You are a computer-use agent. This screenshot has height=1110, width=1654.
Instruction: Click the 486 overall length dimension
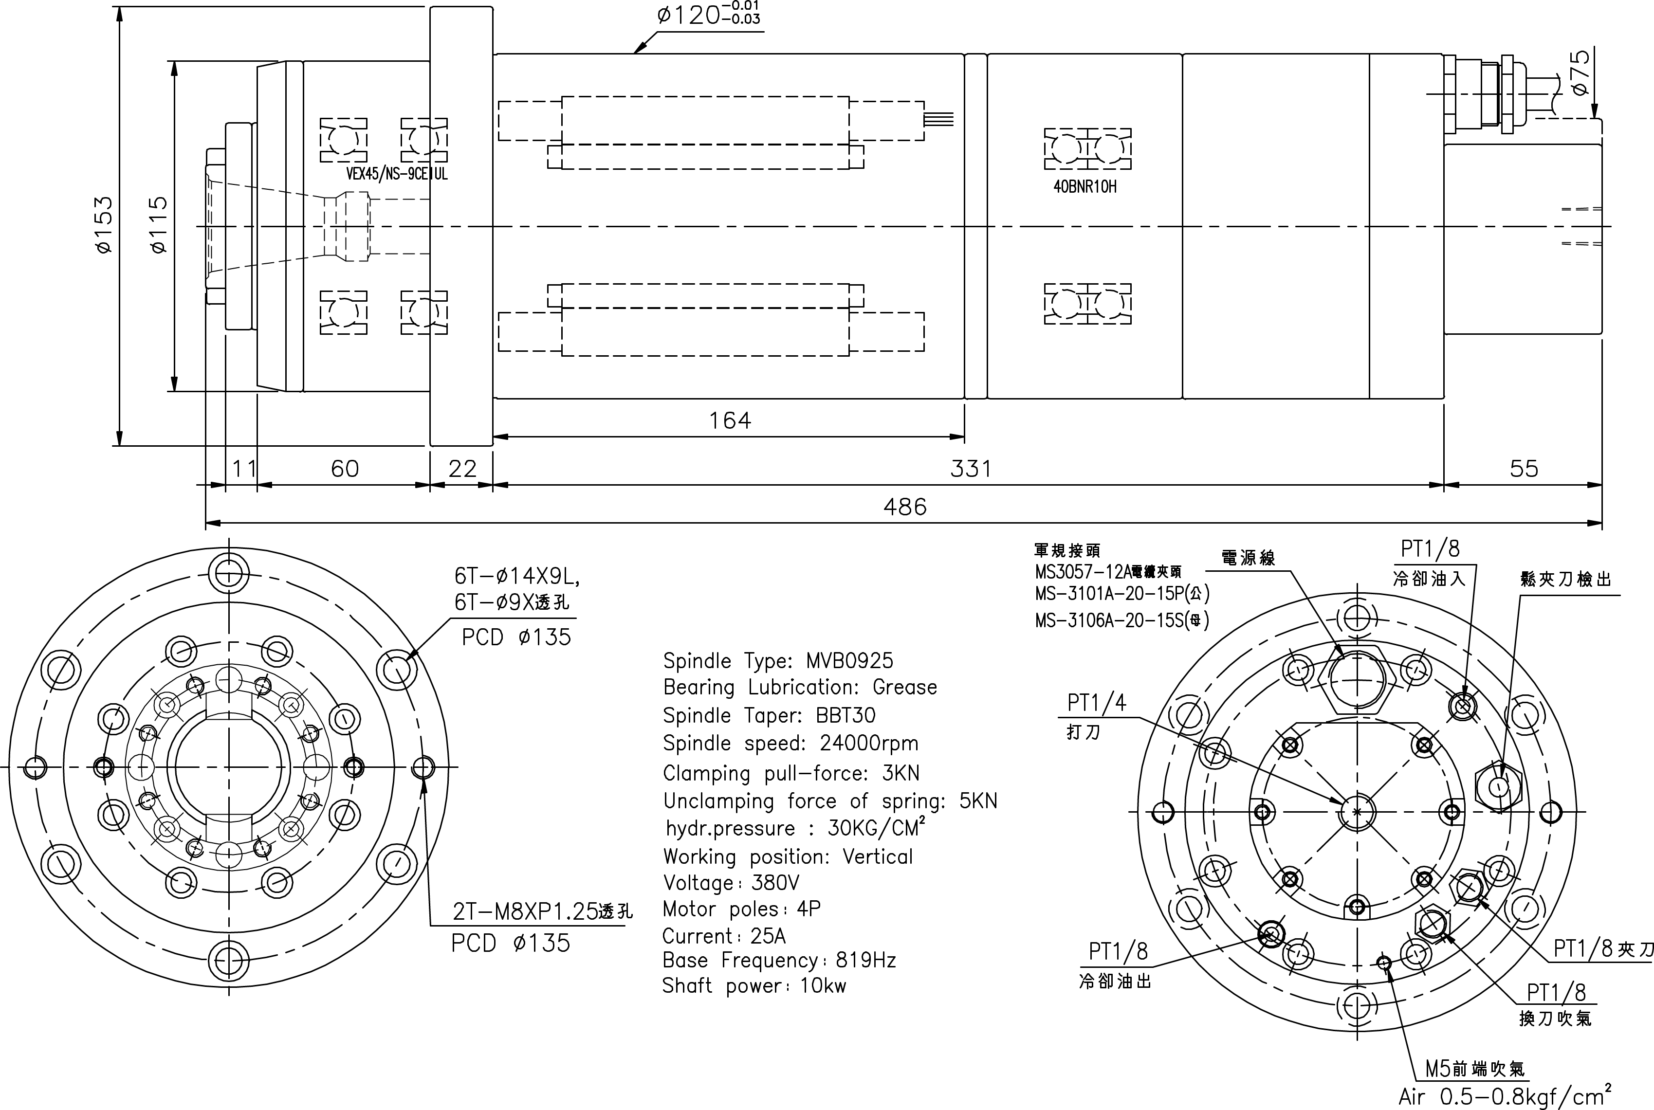coord(904,507)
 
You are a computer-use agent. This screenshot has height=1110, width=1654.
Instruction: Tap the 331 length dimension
coord(970,469)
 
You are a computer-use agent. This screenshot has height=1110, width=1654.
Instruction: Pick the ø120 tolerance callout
coord(708,14)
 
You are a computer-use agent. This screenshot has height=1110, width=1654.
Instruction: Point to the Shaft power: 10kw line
coord(753,986)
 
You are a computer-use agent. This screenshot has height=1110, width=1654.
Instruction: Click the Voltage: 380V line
coord(731,883)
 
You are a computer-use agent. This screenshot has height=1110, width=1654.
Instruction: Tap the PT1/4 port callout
coord(1096,702)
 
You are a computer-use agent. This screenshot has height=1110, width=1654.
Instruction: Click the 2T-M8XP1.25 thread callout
coord(542,911)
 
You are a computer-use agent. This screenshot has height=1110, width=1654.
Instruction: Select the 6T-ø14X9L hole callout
coord(517,577)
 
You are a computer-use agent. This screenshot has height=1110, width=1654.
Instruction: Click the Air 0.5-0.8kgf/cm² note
coord(1505,1096)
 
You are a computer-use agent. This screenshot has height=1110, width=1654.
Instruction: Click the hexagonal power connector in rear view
coord(1357,680)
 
